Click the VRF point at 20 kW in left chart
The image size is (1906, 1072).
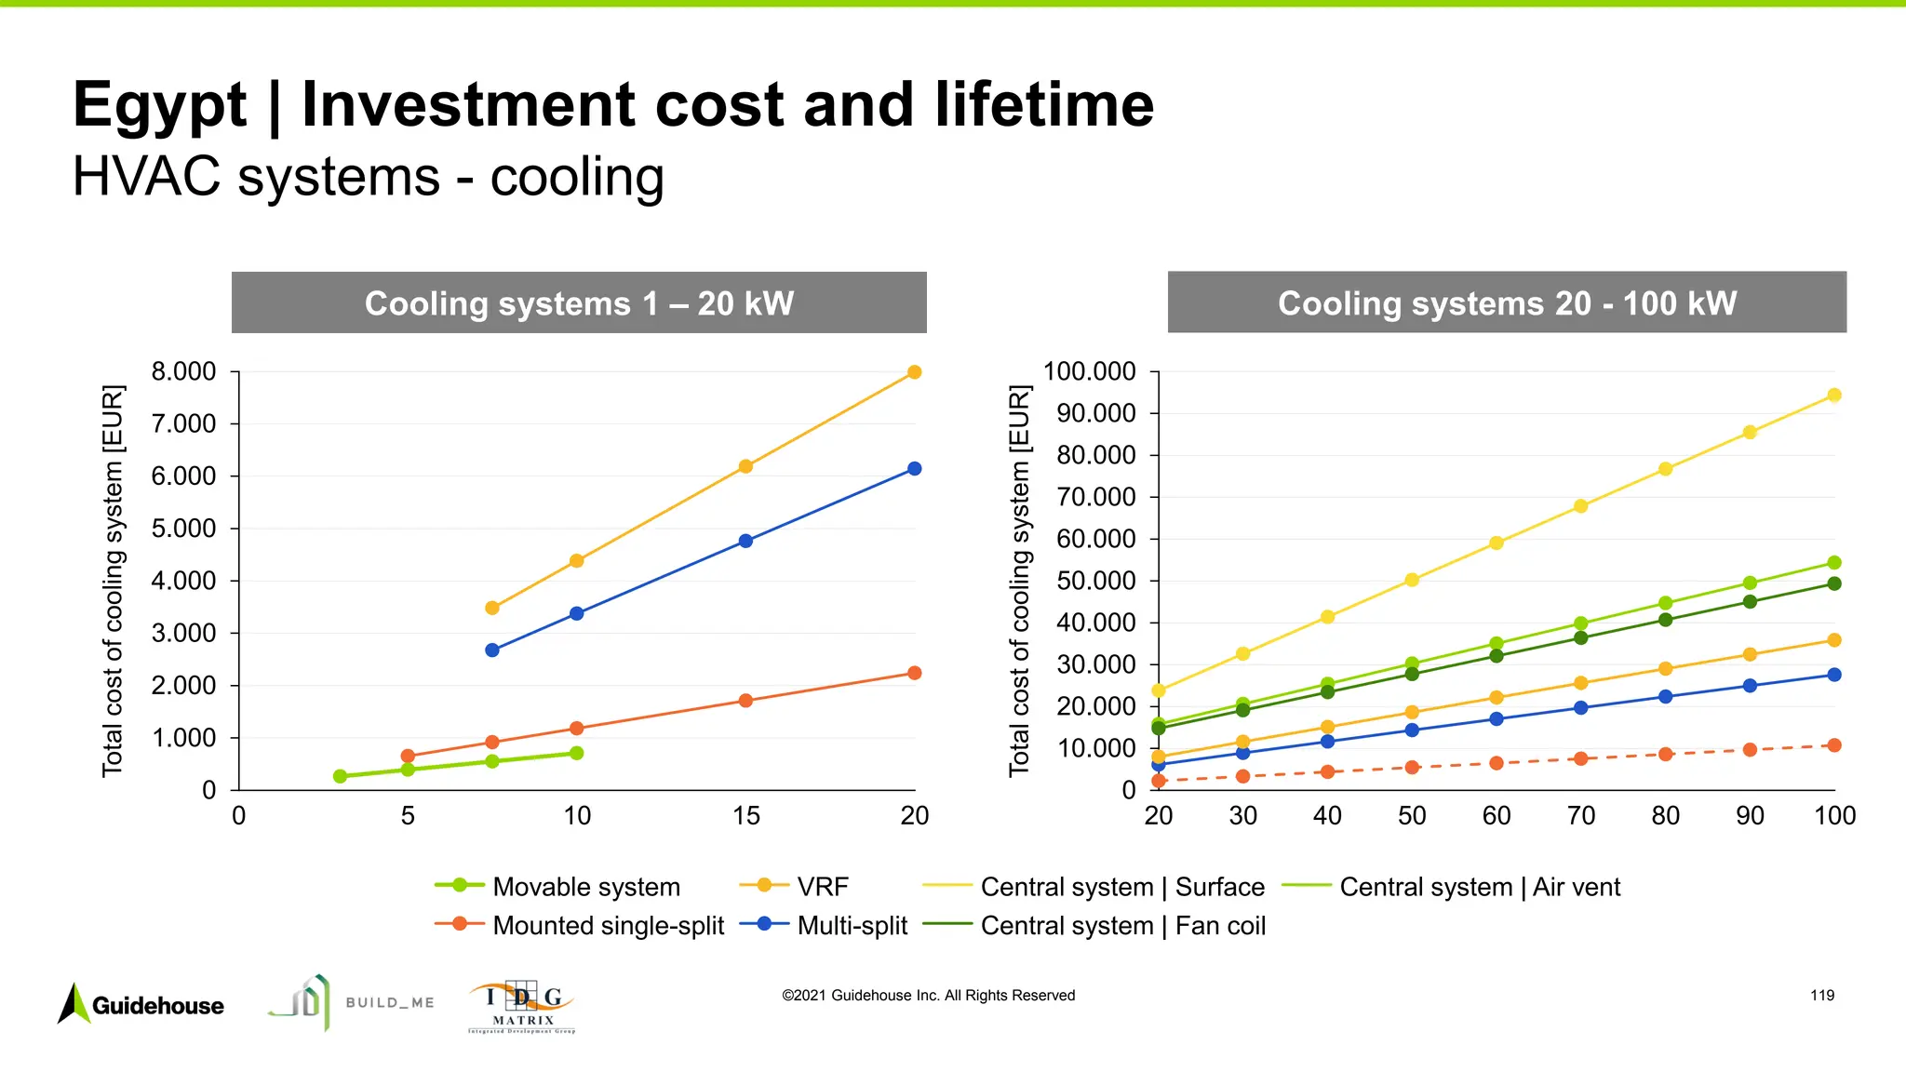click(914, 372)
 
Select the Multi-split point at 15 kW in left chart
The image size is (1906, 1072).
click(745, 541)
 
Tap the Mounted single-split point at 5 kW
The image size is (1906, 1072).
click(408, 756)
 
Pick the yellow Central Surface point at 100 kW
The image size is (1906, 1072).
click(1834, 395)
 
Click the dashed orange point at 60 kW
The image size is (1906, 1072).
click(1497, 763)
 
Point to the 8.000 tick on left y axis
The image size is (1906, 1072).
click(183, 372)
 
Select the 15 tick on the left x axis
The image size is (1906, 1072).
click(745, 816)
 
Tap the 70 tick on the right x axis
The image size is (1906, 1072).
click(1580, 816)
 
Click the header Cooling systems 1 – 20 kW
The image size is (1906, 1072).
click(579, 303)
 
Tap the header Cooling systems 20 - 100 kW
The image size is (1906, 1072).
click(1507, 303)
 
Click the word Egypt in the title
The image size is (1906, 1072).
click(160, 104)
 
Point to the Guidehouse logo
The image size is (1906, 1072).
click(141, 1005)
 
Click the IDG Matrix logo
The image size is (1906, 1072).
click(522, 1006)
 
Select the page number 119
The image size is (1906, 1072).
click(1821, 996)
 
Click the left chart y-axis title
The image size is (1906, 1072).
click(113, 581)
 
